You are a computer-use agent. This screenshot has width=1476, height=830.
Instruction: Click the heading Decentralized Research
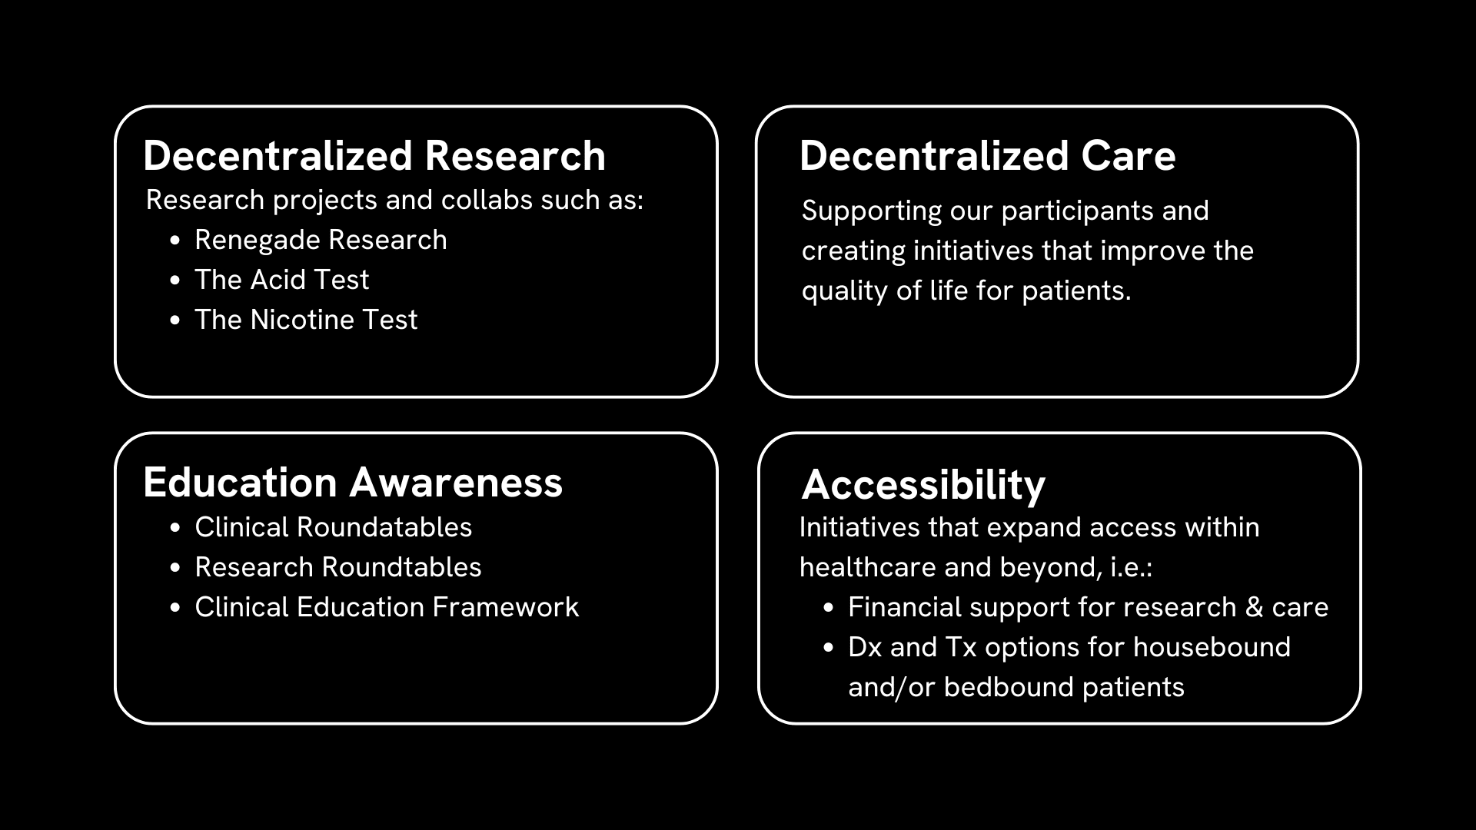(x=374, y=156)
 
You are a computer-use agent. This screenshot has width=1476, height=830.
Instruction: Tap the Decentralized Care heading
(x=988, y=156)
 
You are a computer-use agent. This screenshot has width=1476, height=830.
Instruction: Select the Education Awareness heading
(x=353, y=483)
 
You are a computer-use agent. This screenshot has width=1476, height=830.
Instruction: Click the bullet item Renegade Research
(x=321, y=240)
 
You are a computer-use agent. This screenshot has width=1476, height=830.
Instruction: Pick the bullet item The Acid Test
(x=281, y=280)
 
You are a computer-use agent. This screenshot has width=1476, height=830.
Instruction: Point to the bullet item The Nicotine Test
(x=306, y=320)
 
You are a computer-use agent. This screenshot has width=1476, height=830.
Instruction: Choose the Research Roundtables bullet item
(x=338, y=567)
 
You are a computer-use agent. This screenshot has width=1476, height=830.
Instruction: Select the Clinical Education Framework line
(x=387, y=607)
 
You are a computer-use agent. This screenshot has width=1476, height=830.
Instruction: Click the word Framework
(x=506, y=607)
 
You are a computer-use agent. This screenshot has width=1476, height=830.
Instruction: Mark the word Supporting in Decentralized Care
(x=872, y=211)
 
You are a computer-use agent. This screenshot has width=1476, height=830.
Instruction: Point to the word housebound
(x=1212, y=647)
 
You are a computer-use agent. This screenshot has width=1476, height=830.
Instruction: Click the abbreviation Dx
(x=865, y=647)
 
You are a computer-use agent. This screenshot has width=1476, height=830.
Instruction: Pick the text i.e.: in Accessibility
(x=1131, y=567)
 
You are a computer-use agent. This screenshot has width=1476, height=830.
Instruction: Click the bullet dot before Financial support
(x=828, y=608)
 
